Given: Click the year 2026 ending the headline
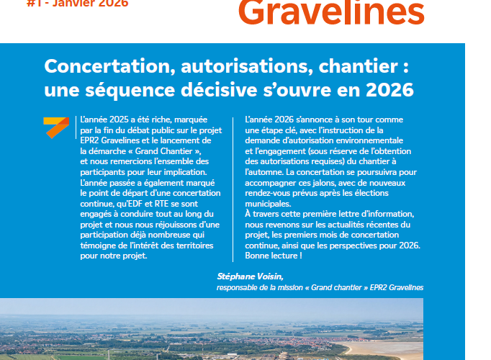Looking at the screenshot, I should coord(389,91).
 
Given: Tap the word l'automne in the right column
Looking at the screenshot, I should coord(263,173).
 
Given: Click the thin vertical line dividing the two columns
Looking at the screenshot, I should coord(233,187).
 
